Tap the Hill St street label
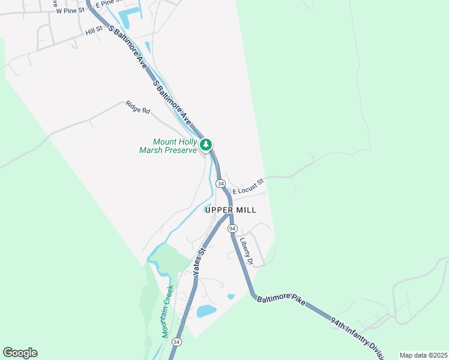(x=94, y=31)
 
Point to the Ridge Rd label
(x=137, y=107)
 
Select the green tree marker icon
(x=206, y=145)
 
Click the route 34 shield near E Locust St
(x=220, y=183)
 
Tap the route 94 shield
(x=232, y=229)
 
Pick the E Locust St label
(x=249, y=186)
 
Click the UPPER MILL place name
(x=231, y=210)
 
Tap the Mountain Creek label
(x=167, y=311)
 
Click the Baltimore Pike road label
(x=282, y=298)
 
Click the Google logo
(x=20, y=353)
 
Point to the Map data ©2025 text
(x=423, y=355)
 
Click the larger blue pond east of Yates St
(x=206, y=311)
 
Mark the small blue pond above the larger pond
(x=231, y=296)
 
